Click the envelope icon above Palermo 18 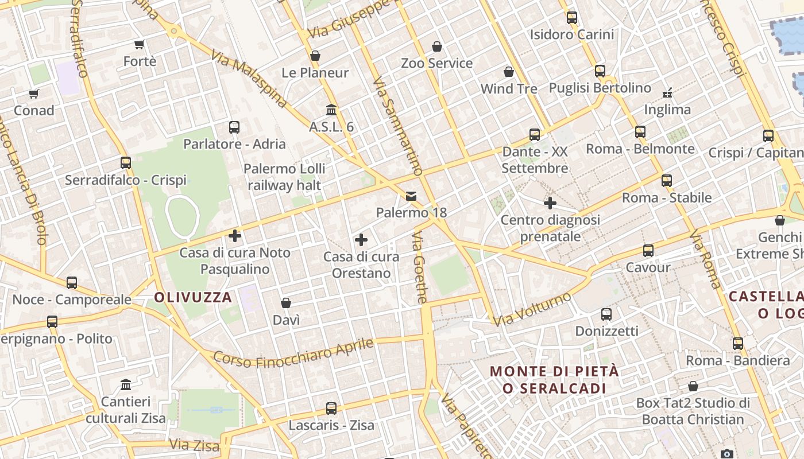point(411,196)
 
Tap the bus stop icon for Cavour point(648,251)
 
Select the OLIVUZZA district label point(193,297)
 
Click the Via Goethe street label point(420,267)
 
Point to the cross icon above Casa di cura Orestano point(361,239)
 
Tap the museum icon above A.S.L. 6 point(331,110)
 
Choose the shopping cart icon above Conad point(33,94)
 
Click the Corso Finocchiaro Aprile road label point(293,353)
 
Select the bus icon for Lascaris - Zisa point(331,409)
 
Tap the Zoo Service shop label point(436,63)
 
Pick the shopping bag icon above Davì point(286,303)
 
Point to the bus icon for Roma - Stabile point(667,181)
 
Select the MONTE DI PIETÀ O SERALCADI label point(555,379)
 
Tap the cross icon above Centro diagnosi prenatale point(550,203)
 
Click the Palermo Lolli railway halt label point(284,177)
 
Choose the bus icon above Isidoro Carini point(572,18)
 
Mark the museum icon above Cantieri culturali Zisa point(126,384)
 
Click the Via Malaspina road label point(248,79)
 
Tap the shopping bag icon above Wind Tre point(509,72)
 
